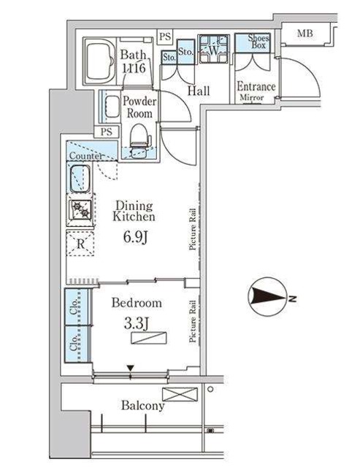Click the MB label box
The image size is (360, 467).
[305, 34]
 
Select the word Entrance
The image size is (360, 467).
[256, 87]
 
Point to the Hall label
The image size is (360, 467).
[199, 91]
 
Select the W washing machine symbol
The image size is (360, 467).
[214, 50]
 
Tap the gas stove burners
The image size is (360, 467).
[81, 210]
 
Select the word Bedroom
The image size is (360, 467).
[137, 302]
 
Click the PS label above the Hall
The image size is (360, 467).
[165, 36]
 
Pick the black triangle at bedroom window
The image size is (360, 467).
[131, 368]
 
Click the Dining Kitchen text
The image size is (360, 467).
[134, 210]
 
